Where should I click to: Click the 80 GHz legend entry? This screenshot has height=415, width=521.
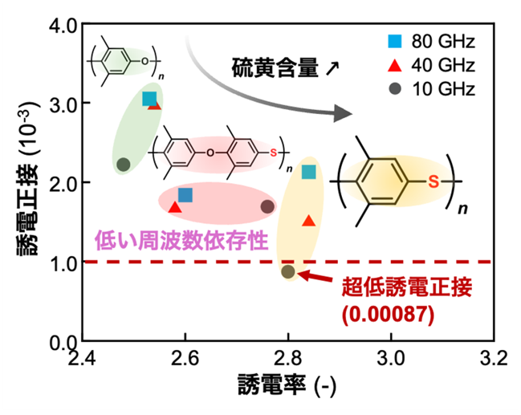click(x=431, y=41)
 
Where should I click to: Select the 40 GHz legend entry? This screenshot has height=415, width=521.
click(x=431, y=65)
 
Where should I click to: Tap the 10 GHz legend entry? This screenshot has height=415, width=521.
click(x=431, y=89)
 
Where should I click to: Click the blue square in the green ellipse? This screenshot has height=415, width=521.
click(x=149, y=99)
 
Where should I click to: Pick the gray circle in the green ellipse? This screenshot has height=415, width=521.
click(x=124, y=164)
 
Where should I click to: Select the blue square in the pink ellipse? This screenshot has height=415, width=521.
click(x=185, y=195)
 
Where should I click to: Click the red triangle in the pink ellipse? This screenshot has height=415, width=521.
click(x=175, y=207)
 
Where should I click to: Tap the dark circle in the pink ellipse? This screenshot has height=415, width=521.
click(x=267, y=206)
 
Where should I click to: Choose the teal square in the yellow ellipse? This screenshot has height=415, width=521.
click(x=309, y=172)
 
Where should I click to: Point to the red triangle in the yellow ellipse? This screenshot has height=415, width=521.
click(x=309, y=221)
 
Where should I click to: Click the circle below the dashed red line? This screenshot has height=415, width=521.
click(x=288, y=271)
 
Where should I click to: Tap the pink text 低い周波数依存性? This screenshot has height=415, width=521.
click(x=181, y=240)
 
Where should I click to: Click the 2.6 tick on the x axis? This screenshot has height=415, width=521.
click(x=185, y=358)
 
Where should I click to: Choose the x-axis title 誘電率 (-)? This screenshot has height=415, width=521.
click(x=287, y=385)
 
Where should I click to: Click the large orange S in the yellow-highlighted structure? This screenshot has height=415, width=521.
click(x=433, y=181)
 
